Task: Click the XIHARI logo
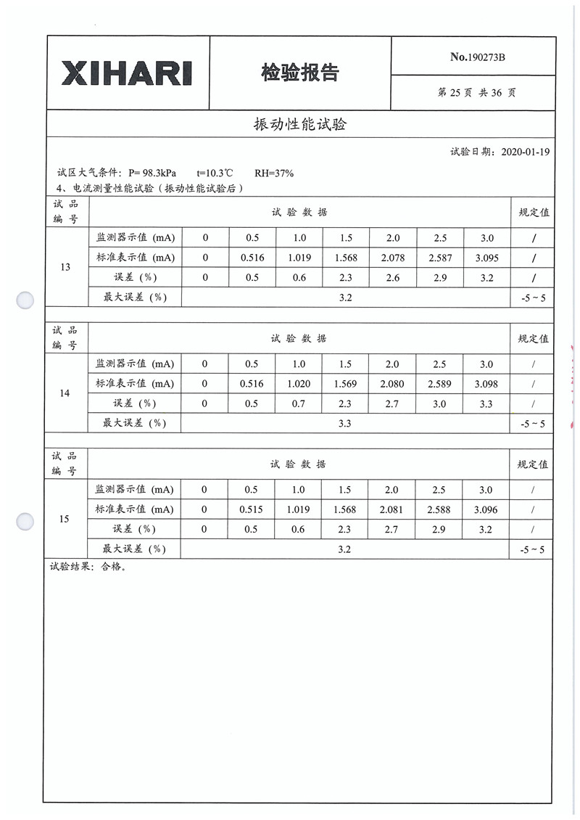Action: [128, 73]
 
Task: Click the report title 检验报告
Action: [299, 73]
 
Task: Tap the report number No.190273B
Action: [477, 57]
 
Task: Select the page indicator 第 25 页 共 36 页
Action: [477, 93]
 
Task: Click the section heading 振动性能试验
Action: [299, 124]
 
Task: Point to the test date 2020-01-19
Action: [526, 152]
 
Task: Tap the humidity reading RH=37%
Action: [273, 173]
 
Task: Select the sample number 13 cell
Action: [65, 267]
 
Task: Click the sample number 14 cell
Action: [65, 393]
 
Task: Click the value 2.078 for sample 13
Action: [391, 258]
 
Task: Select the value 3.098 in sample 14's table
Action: [486, 384]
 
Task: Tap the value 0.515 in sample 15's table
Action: [251, 509]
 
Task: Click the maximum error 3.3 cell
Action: [345, 423]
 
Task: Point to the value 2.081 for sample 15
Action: [391, 509]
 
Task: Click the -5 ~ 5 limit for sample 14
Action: [532, 424]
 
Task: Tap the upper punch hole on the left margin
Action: [25, 300]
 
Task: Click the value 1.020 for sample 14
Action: [298, 384]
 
